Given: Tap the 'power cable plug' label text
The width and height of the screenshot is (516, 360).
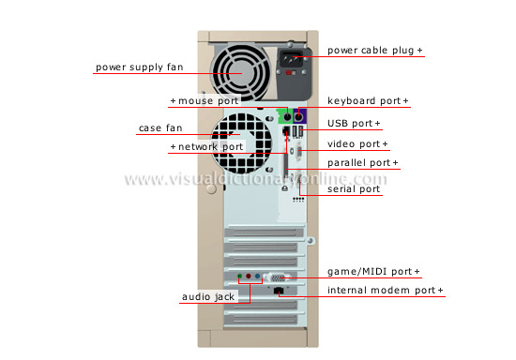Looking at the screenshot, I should pyautogui.click(x=372, y=49).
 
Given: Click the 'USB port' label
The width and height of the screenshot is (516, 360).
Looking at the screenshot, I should pyautogui.click(x=354, y=123).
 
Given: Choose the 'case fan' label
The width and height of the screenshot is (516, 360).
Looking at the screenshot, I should pyautogui.click(x=160, y=127).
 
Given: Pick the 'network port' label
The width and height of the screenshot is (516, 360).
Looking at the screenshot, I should pyautogui.click(x=205, y=146).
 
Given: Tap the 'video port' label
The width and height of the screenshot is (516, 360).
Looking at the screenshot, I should pyautogui.click(x=357, y=143).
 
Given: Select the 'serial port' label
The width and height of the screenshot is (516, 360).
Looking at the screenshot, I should pyautogui.click(x=354, y=188).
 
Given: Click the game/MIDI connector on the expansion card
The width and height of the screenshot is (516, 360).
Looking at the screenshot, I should pyautogui.click(x=276, y=277).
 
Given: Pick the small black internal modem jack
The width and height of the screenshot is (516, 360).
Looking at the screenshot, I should pyautogui.click(x=278, y=292).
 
